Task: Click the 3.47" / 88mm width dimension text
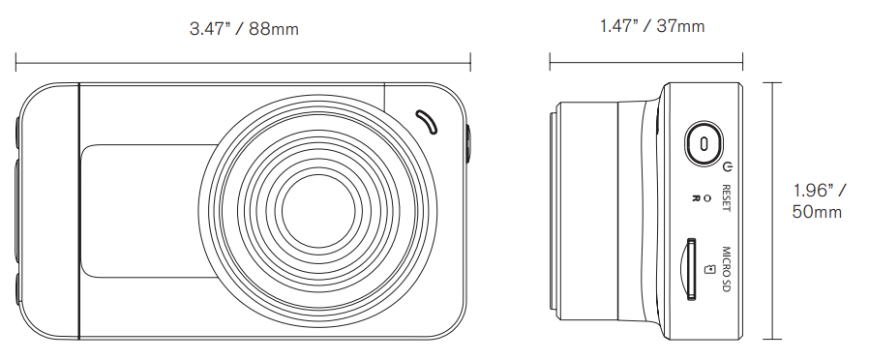coord(244,29)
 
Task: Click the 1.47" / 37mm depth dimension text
coord(652,26)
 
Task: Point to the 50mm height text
coord(817,212)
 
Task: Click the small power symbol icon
coord(729,166)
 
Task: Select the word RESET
coord(727,197)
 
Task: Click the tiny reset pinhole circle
coord(706,197)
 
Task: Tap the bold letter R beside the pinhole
coord(696,197)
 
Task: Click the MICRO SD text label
coord(727,270)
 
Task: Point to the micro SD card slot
coord(691,269)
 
